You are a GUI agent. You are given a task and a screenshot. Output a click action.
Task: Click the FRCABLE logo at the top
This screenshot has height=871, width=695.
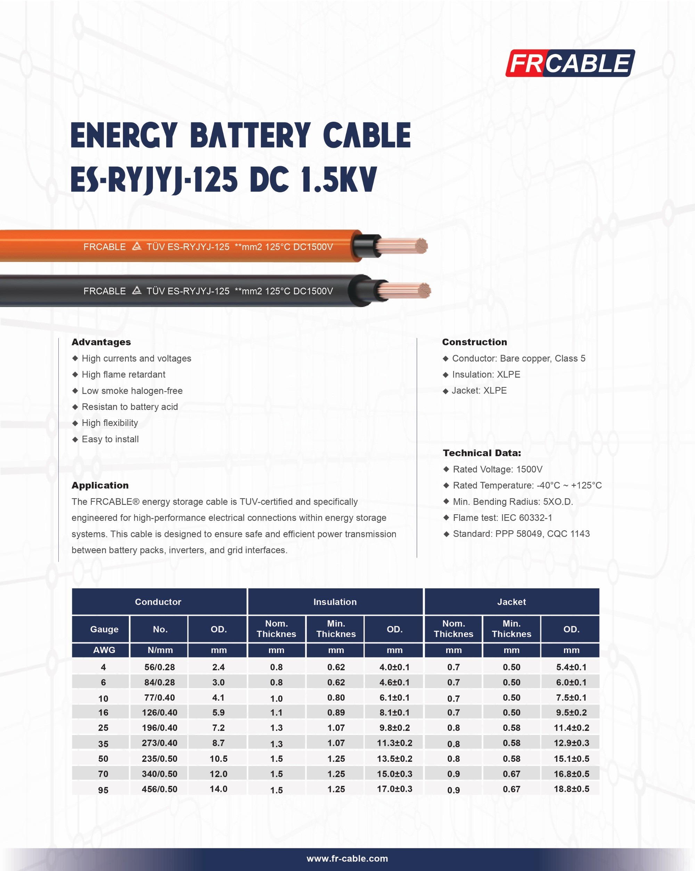[x=570, y=63]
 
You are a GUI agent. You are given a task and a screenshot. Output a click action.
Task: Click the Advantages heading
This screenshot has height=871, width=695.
[x=101, y=342]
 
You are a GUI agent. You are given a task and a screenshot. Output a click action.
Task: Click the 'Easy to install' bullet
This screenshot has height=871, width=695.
[x=110, y=439]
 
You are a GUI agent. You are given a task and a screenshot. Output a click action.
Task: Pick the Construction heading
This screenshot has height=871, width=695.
[x=474, y=342]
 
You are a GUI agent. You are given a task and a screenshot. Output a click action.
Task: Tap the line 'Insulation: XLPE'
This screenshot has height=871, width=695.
[x=486, y=374]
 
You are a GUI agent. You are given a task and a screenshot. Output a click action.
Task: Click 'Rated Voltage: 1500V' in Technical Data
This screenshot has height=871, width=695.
[x=497, y=469]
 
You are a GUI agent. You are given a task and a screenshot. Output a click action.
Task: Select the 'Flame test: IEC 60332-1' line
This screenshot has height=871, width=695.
[x=502, y=517]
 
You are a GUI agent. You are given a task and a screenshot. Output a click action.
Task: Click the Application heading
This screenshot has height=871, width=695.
[x=100, y=485]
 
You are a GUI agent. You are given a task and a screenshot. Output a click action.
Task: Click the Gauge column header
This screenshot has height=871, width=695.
[x=104, y=629]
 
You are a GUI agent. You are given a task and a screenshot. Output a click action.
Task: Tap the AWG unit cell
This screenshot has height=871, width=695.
[x=104, y=650]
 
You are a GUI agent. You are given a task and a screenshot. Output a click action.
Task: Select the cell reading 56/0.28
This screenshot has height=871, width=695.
[x=160, y=667]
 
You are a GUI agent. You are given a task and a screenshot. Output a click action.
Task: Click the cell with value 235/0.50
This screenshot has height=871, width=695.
[x=160, y=759]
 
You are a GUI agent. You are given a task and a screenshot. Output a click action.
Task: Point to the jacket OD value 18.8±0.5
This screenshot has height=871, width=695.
[x=571, y=789]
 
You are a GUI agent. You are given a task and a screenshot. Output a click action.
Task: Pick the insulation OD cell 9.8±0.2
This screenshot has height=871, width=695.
[x=394, y=728]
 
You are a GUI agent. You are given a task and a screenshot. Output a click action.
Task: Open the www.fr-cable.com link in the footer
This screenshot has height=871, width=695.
[x=347, y=858]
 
